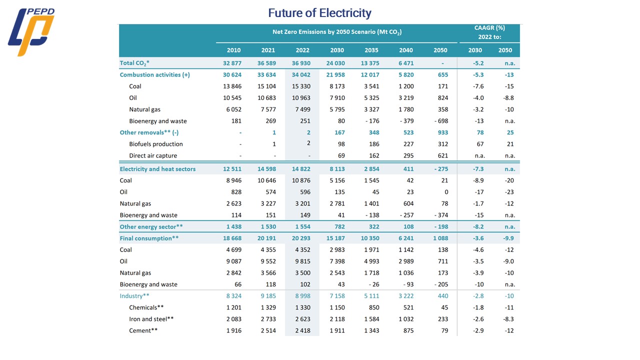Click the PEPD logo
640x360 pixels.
pyautogui.click(x=31, y=32)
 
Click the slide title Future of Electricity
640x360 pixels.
pyautogui.click(x=319, y=12)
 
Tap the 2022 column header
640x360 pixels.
pyautogui.click(x=302, y=50)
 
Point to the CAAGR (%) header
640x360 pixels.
pyautogui.click(x=489, y=32)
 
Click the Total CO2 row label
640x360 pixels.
pyautogui.click(x=134, y=63)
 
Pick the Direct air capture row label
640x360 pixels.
pyautogui.click(x=153, y=155)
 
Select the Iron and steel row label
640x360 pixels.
pyautogui.click(x=151, y=319)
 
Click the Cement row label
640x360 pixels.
pyautogui.click(x=143, y=330)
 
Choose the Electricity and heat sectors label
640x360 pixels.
pyautogui.click(x=157, y=169)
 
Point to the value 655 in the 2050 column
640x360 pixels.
pyautogui.click(x=442, y=74)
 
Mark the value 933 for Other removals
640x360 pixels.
pyautogui.click(x=442, y=132)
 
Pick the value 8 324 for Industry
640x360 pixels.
pyautogui.click(x=232, y=296)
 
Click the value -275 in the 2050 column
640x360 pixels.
pyautogui.click(x=440, y=169)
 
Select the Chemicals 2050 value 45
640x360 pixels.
pyautogui.click(x=444, y=307)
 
